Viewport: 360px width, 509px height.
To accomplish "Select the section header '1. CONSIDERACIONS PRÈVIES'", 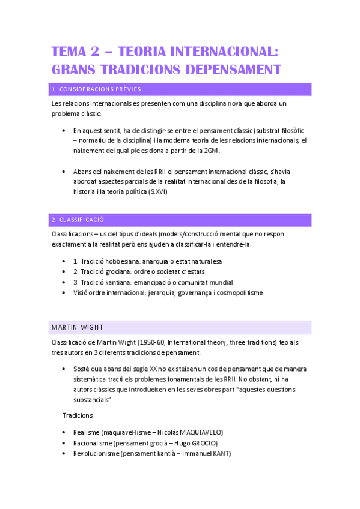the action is click(97, 89).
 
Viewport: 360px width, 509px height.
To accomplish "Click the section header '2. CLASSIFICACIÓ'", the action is click(78, 220).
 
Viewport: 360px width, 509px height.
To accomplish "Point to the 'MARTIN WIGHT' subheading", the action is click(78, 327).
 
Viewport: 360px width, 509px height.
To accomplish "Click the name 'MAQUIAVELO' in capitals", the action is click(198, 432).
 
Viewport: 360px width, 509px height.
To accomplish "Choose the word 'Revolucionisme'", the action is click(96, 453).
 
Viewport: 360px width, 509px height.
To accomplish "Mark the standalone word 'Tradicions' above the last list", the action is click(78, 415).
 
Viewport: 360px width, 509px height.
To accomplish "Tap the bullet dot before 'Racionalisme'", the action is click(65, 443).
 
